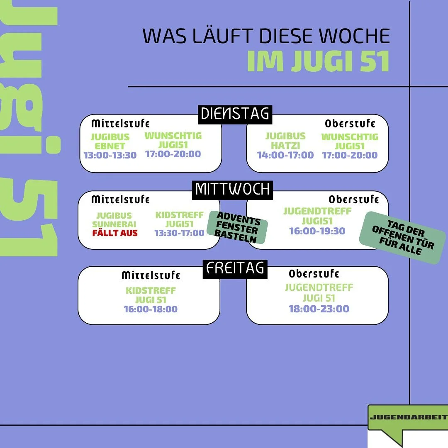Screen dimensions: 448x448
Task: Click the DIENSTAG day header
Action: [x=235, y=114]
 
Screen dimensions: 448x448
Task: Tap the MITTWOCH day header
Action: [x=232, y=190]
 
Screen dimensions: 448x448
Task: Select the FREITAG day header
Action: [x=235, y=268]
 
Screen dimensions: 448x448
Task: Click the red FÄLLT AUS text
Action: [x=115, y=233]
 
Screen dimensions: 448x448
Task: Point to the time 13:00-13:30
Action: [x=110, y=156]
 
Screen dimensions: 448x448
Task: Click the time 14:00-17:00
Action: [x=285, y=155]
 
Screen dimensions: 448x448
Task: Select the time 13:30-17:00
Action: [x=180, y=233]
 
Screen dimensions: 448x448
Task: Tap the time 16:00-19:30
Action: [x=317, y=231]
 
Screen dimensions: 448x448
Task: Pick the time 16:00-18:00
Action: [x=151, y=309]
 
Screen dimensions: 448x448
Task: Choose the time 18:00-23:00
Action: [x=319, y=309]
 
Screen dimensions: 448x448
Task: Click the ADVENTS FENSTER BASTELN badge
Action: [x=237, y=227]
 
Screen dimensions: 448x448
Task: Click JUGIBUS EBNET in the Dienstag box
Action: [x=110, y=141]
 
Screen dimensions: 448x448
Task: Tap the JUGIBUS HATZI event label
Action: [x=285, y=141]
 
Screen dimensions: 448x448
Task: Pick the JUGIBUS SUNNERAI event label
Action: [x=114, y=220]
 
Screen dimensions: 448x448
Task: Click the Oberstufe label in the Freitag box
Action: [x=314, y=274]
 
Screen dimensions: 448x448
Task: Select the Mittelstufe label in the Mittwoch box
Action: [x=120, y=200]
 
